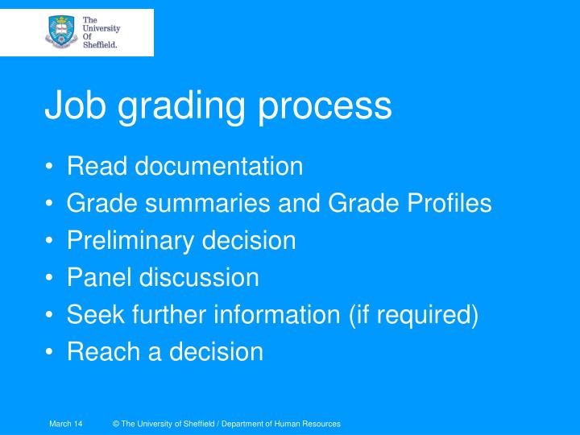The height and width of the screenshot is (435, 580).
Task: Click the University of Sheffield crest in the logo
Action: [61, 31]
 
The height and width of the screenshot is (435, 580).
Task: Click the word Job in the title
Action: [75, 106]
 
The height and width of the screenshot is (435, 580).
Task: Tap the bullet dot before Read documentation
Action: [51, 168]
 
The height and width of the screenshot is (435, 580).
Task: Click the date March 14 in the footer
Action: [66, 424]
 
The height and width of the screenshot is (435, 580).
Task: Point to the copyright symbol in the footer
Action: [117, 424]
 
